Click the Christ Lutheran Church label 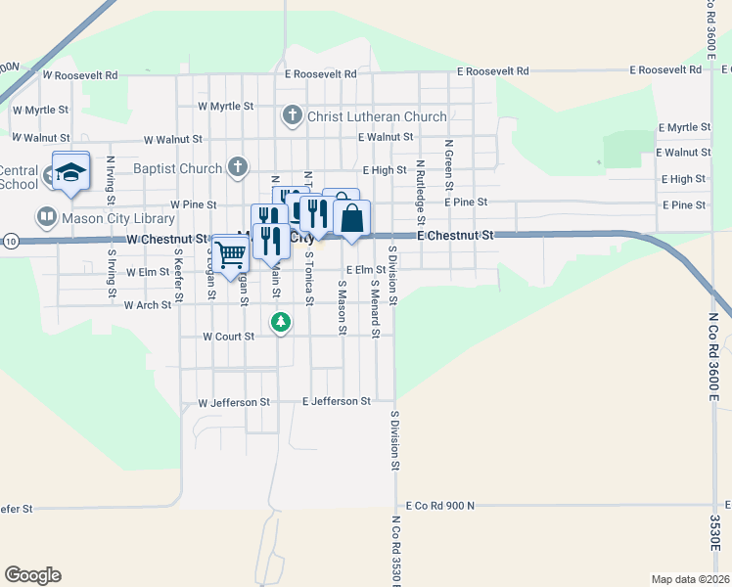point(377,117)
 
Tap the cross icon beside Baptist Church point(237,167)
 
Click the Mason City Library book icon point(46,216)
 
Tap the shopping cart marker point(231,254)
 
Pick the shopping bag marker point(352,219)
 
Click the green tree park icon point(281,321)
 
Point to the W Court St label point(228,336)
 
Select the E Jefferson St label point(337,401)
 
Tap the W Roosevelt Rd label point(79,74)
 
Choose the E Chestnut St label point(456,236)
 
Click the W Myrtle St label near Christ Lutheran point(225,106)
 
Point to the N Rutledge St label point(419,184)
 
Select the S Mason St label point(343,307)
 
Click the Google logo point(32,575)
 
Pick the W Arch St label point(148,305)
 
